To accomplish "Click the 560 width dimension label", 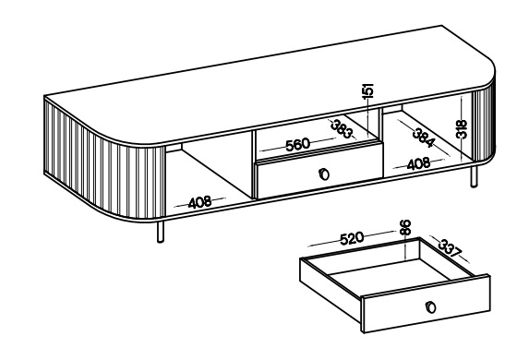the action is [x=297, y=145].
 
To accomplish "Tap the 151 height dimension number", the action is [x=368, y=91].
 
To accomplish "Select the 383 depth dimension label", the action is [x=342, y=128].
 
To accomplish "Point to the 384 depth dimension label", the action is [x=424, y=138].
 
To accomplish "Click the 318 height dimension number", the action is [x=462, y=129].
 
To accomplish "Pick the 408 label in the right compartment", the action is [x=419, y=164].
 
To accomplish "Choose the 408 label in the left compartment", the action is [x=199, y=202].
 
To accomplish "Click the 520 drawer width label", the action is [x=352, y=238].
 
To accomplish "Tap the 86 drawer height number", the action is [x=405, y=227].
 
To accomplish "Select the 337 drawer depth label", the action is [x=450, y=248].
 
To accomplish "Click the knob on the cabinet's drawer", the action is [x=323, y=174].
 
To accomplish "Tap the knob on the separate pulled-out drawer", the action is [x=431, y=307].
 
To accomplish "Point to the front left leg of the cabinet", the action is [x=161, y=232].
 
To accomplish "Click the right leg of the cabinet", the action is [x=474, y=176].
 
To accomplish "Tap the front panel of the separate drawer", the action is [x=426, y=304].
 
